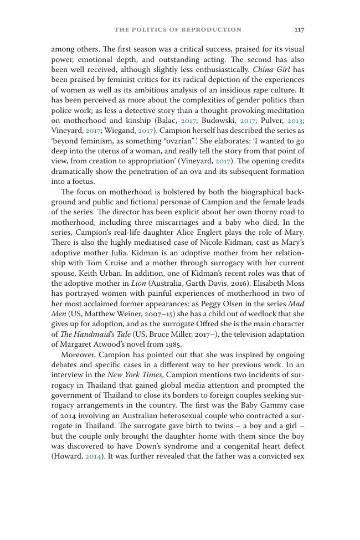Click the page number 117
299,29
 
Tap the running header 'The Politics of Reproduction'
178,29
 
